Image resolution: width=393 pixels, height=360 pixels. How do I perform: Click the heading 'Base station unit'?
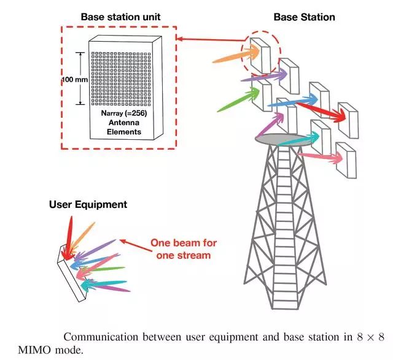[x=120, y=17]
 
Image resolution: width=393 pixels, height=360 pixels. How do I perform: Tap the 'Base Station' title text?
[x=305, y=17]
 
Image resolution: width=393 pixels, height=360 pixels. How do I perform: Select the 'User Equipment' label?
[x=88, y=205]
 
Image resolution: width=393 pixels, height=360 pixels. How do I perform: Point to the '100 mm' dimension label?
[x=75, y=80]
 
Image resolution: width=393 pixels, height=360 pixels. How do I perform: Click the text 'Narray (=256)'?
[x=124, y=113]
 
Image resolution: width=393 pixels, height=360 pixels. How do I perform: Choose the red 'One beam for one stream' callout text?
[x=184, y=249]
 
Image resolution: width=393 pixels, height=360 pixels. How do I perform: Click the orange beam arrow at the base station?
[x=236, y=55]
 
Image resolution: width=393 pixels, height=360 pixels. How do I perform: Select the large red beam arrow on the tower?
[x=321, y=110]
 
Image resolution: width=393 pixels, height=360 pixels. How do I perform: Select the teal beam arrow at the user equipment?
[x=104, y=285]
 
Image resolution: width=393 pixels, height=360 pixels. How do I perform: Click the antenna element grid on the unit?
[x=121, y=79]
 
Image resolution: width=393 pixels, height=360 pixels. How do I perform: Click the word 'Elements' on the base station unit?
[x=124, y=132]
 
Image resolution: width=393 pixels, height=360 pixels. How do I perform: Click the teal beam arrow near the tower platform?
[x=298, y=140]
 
